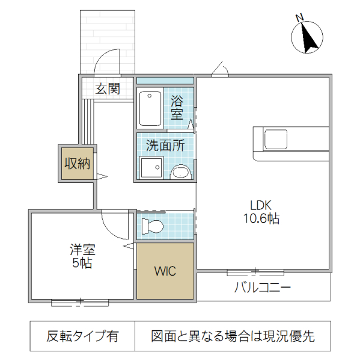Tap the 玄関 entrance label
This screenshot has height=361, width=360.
[x=108, y=89]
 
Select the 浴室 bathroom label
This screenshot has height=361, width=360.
[x=177, y=106]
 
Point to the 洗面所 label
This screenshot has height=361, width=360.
[x=165, y=144]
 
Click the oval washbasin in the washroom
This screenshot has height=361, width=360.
[x=182, y=173]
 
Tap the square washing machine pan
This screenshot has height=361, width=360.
[x=151, y=168]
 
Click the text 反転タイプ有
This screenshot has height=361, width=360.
[x=82, y=336]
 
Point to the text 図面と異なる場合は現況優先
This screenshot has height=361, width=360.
[x=233, y=336]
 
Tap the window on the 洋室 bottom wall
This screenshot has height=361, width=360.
[x=79, y=301]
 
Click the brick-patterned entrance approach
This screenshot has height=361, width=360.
[x=109, y=30]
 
